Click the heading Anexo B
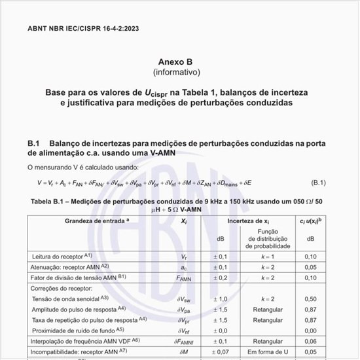[x=177, y=61]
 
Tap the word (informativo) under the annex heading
[x=177, y=71]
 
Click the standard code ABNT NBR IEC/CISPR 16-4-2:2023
[x=83, y=29]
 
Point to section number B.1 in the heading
[x=35, y=143]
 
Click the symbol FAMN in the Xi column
[x=183, y=278]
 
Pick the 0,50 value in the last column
[x=310, y=298]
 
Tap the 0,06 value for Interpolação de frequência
[x=310, y=341]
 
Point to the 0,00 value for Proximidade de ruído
[x=310, y=331]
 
